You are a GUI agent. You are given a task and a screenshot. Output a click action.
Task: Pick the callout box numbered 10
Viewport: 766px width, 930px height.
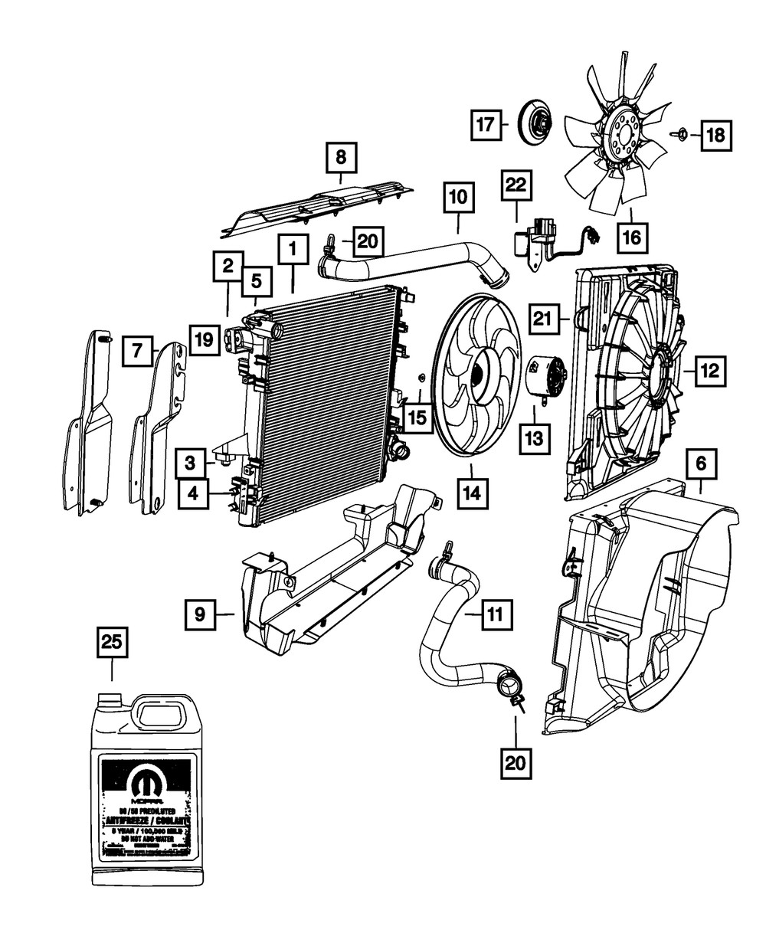(x=458, y=199)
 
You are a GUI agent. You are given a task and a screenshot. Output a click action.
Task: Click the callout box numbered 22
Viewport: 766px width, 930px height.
(x=516, y=187)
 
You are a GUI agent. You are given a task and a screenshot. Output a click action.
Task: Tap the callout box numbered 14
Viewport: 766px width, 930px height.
(x=470, y=495)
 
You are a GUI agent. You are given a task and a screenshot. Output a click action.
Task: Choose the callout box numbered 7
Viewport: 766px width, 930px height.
(x=137, y=351)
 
